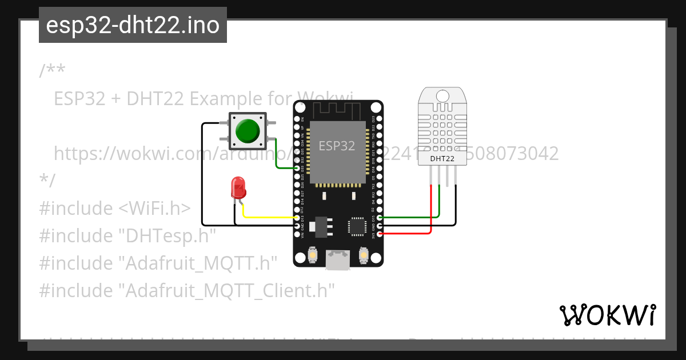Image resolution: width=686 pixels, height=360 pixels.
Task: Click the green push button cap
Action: pyautogui.click(x=247, y=131)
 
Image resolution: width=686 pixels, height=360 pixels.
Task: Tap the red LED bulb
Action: pyautogui.click(x=237, y=187)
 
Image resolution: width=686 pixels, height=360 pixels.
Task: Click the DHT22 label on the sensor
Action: pyautogui.click(x=442, y=158)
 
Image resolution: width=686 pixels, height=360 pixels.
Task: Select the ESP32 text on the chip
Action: pyautogui.click(x=337, y=146)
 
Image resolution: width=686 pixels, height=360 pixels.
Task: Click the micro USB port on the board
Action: pyautogui.click(x=337, y=260)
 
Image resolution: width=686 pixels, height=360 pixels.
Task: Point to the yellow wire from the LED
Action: pyautogui.click(x=269, y=217)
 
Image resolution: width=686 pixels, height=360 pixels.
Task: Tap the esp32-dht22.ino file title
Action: pyautogui.click(x=133, y=25)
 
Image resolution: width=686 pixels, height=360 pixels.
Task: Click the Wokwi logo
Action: pyautogui.click(x=607, y=315)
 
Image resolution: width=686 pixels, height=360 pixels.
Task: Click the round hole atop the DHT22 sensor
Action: pyautogui.click(x=442, y=95)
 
